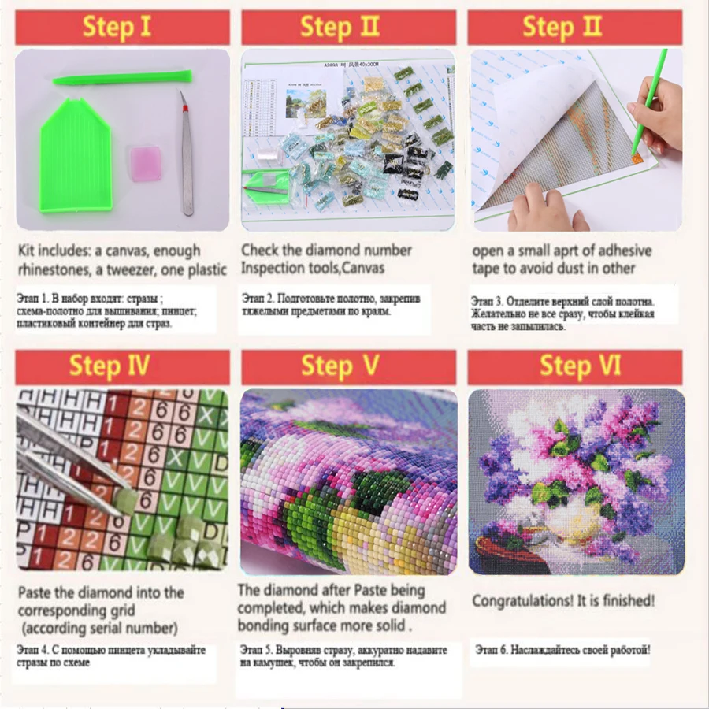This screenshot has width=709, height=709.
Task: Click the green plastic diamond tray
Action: coord(76,156)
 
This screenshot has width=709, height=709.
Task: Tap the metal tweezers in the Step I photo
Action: coord(186,154)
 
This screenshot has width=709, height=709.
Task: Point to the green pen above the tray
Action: coord(122,77)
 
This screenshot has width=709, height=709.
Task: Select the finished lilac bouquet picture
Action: coord(576,481)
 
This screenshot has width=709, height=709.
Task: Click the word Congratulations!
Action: coord(525,601)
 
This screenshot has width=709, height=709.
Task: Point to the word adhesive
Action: coord(621,251)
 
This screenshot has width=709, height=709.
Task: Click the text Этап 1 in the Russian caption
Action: coord(35,300)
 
